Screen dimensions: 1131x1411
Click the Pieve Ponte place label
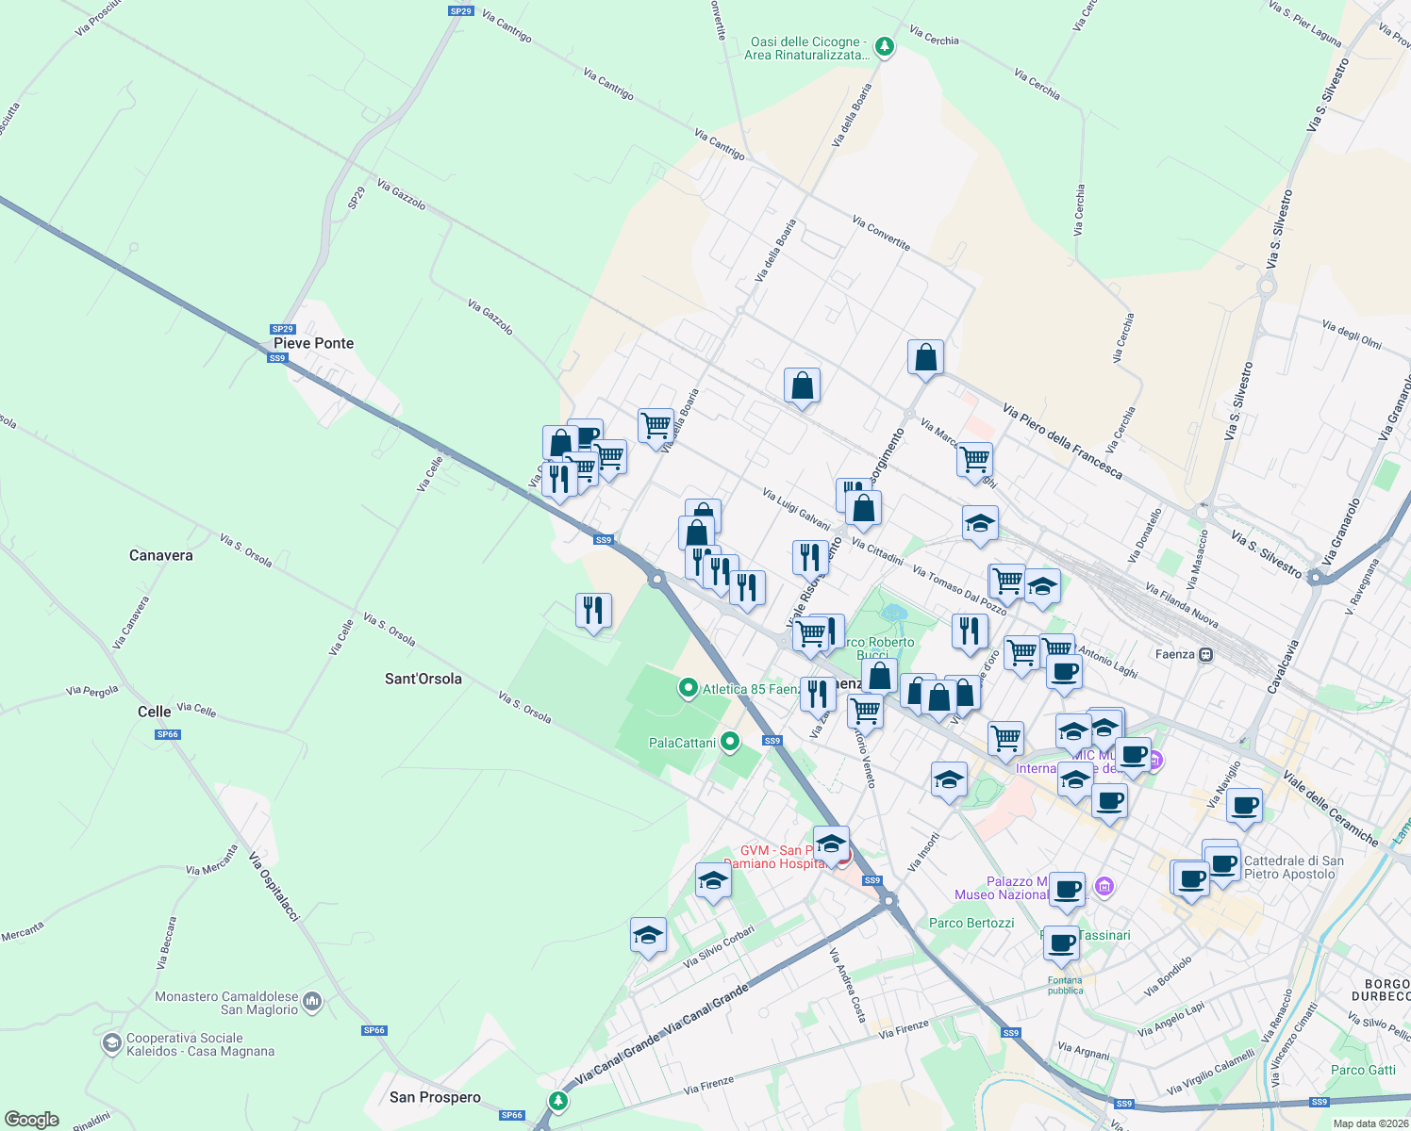(313, 344)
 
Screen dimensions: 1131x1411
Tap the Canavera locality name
(160, 556)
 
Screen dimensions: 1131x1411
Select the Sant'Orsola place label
(423, 680)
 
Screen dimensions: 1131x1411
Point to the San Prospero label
(435, 1098)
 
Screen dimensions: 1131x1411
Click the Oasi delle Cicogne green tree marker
(884, 46)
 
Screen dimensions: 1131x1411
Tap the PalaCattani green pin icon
(729, 743)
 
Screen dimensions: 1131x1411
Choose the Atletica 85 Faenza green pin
(689, 689)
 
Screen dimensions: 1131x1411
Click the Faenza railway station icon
(1205, 654)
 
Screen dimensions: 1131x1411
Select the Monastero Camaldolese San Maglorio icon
(313, 1002)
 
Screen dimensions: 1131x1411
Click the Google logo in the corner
(31, 1120)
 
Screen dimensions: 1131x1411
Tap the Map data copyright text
(1369, 1123)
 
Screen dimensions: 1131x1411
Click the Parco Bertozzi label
(971, 924)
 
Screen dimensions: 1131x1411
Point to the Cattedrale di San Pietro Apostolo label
(1293, 868)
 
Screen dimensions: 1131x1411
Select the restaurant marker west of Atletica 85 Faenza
(593, 612)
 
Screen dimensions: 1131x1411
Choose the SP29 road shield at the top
(460, 11)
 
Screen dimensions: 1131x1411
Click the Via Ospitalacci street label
(274, 887)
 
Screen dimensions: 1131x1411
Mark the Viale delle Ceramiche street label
(1330, 808)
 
